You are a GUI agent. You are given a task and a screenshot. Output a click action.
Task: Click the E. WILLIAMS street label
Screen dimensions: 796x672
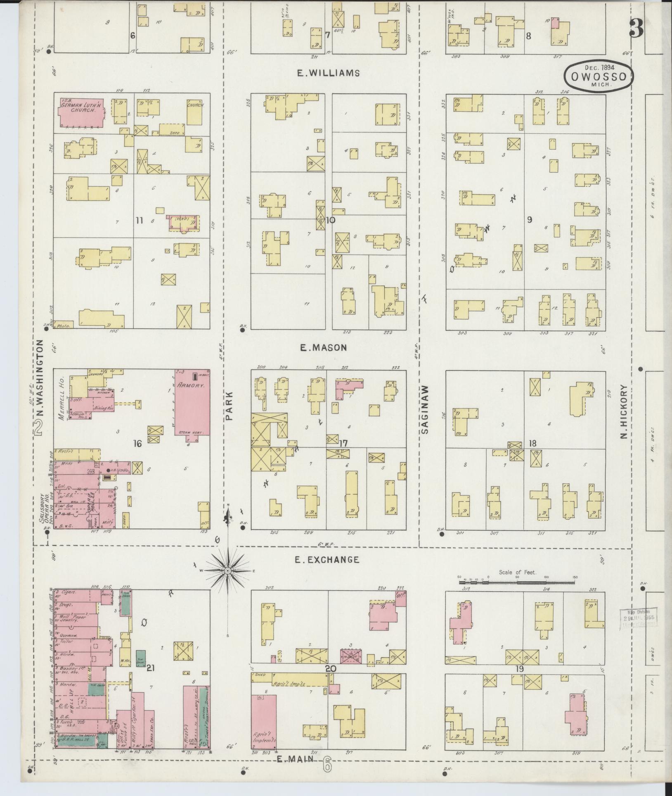(329, 74)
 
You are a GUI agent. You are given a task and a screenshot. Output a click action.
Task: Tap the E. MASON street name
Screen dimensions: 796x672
(323, 348)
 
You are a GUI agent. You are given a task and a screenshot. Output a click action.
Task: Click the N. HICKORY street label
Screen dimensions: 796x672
(624, 412)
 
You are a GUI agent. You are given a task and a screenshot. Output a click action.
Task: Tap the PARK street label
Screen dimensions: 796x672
(230, 406)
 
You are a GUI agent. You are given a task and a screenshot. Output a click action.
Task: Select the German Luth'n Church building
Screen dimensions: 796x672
(80, 112)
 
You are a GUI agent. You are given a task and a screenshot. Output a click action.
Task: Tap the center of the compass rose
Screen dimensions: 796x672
(227, 570)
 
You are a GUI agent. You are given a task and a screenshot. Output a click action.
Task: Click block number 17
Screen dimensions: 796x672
(343, 443)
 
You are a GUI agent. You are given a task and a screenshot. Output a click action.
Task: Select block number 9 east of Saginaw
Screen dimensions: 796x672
(529, 220)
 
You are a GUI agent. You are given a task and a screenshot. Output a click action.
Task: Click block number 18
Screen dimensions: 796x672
(532, 443)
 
